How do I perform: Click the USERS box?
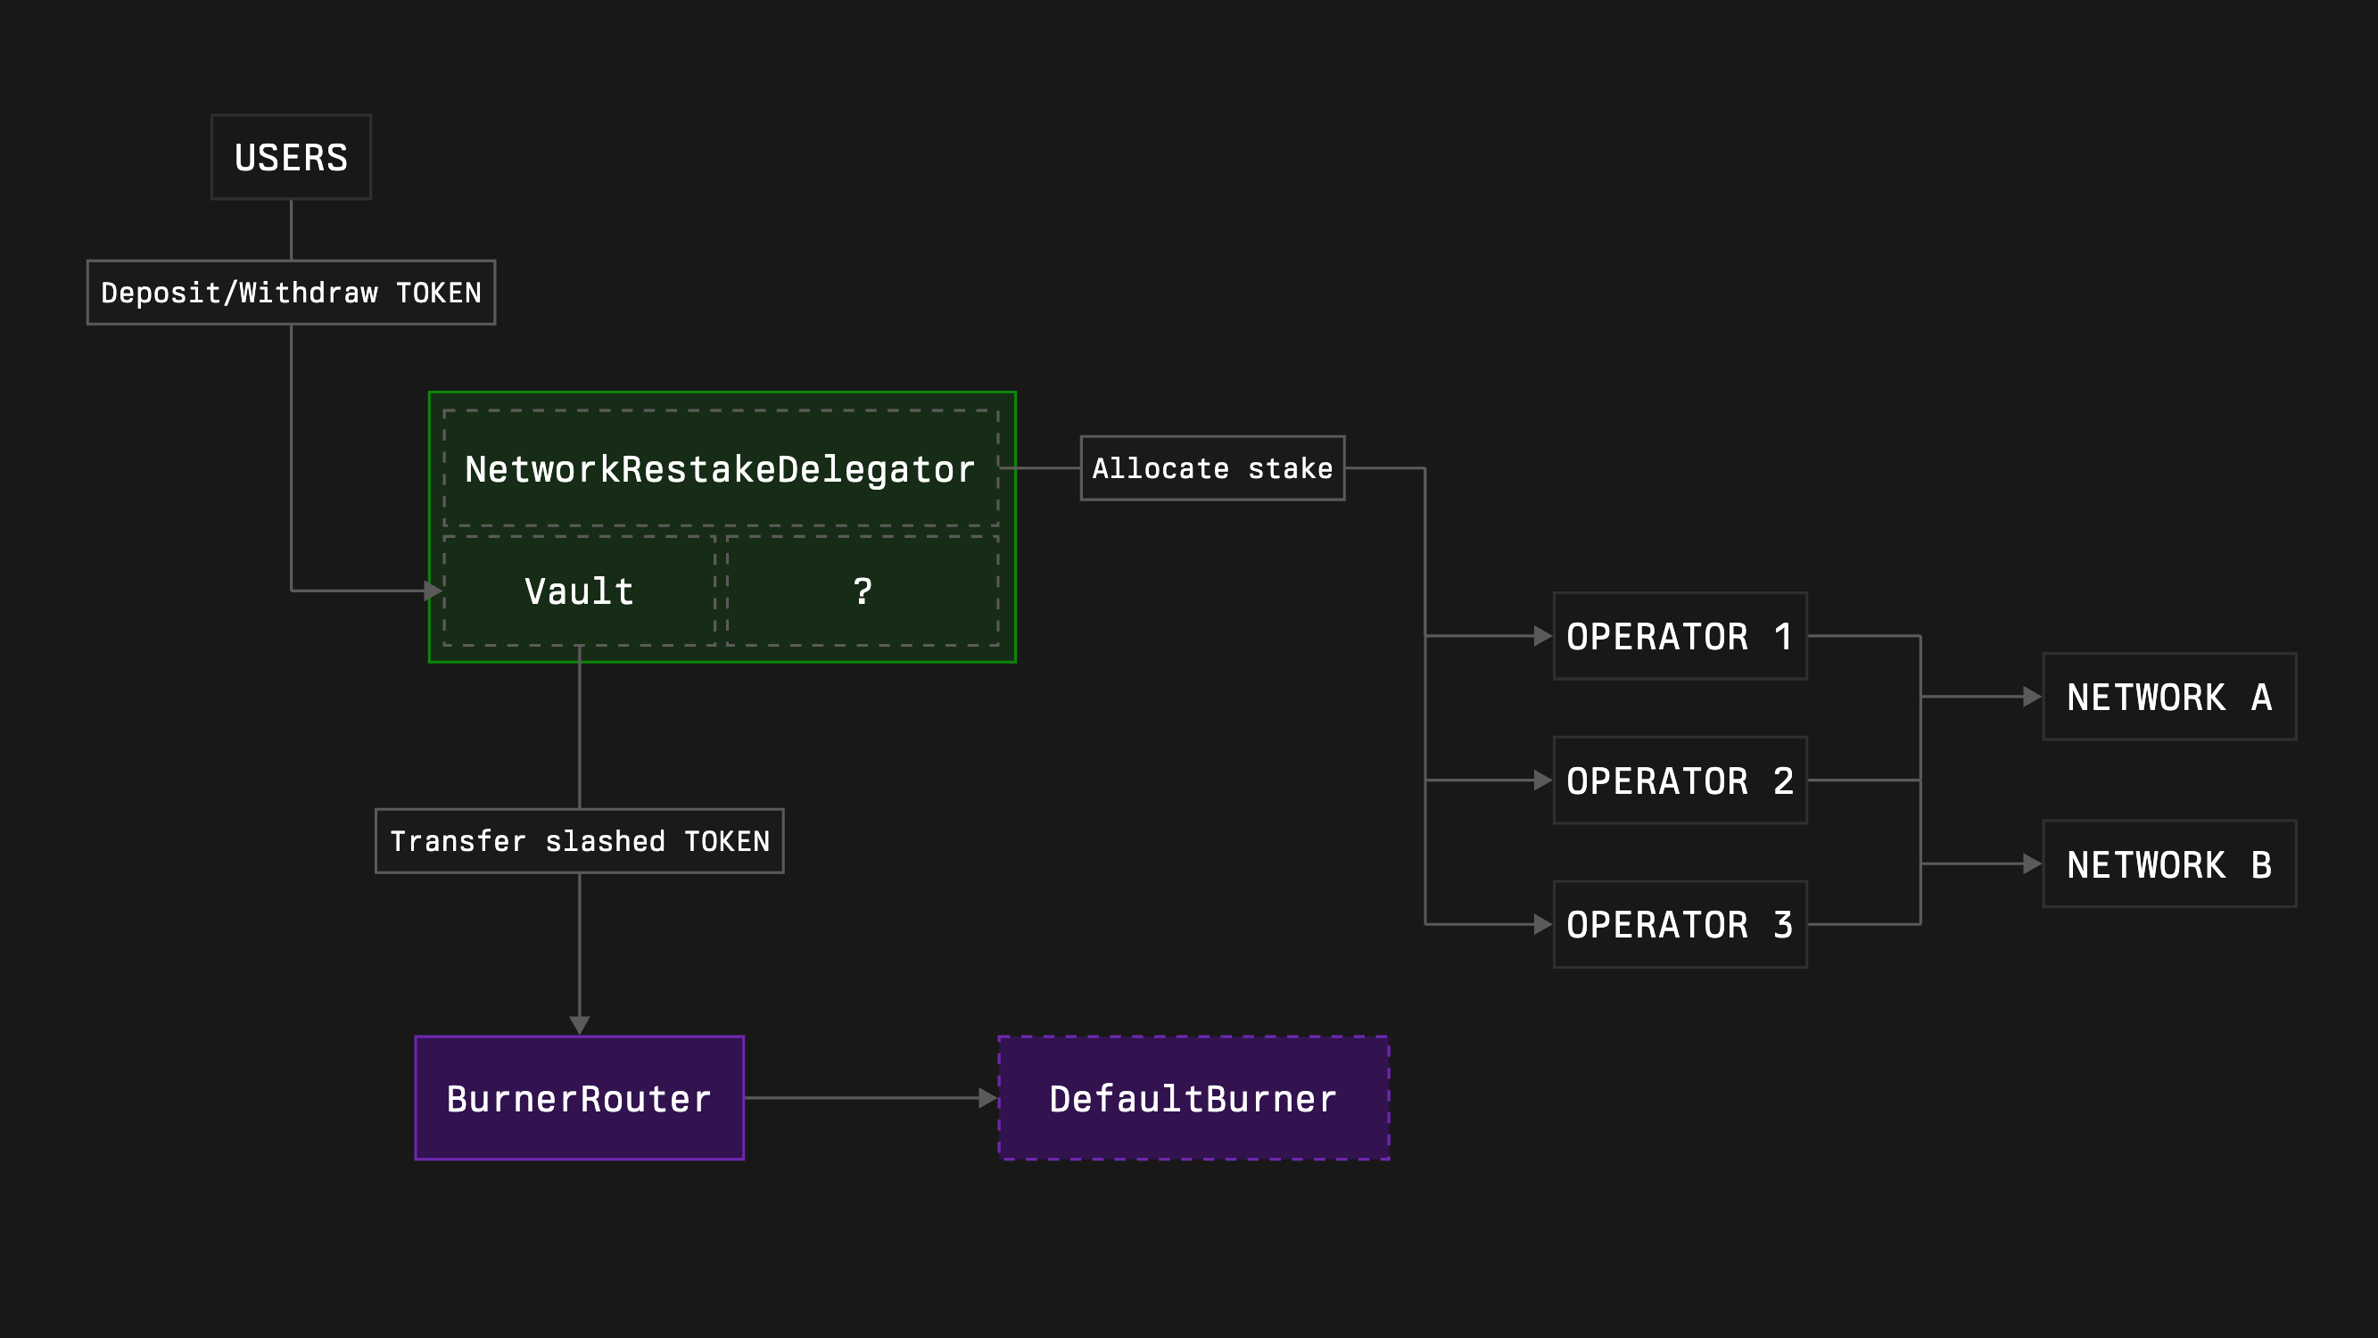point(291,157)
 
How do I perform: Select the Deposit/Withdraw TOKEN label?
point(291,293)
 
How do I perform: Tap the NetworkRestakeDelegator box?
point(720,469)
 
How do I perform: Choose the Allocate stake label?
point(1212,468)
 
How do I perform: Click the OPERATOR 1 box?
point(1680,636)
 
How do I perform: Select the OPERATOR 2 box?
point(1680,780)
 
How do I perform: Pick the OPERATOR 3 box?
point(1680,924)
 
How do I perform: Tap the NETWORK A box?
point(2168,698)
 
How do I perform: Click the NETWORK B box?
point(2168,864)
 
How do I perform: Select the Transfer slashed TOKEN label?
point(579,841)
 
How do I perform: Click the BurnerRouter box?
point(579,1098)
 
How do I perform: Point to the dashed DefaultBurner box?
point(1193,1098)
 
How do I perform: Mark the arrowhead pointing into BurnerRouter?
point(579,1025)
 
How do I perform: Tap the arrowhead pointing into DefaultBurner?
point(987,1098)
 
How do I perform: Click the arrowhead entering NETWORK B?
point(2031,864)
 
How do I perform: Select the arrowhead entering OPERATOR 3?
point(1541,924)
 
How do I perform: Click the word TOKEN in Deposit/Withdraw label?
point(439,293)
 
